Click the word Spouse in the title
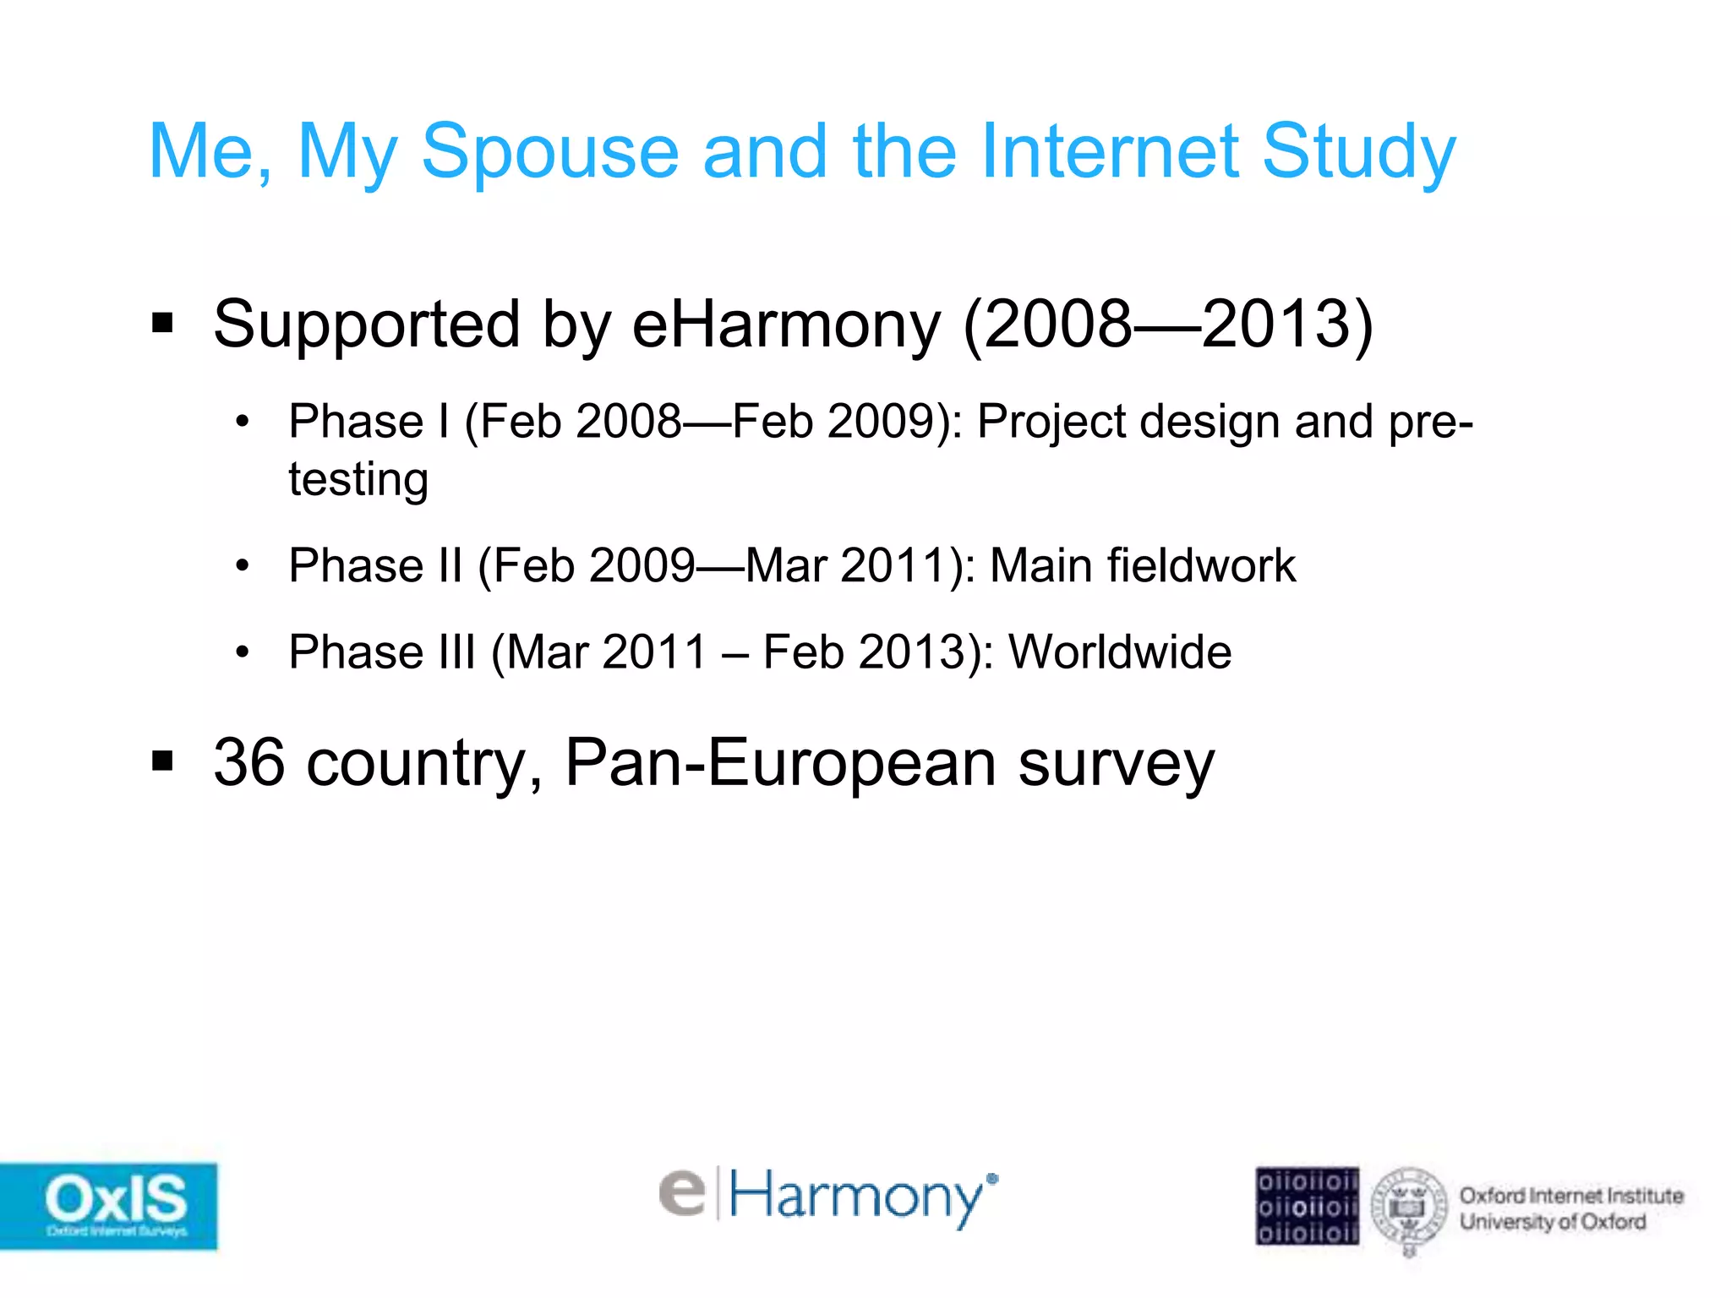(549, 152)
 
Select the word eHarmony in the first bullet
(786, 324)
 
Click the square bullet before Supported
(162, 323)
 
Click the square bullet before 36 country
(162, 761)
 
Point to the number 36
(249, 763)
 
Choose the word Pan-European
(780, 763)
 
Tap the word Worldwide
(1120, 652)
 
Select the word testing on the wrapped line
(358, 480)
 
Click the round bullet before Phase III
(243, 652)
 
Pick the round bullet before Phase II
(243, 565)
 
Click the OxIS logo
(110, 1205)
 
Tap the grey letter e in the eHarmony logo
(682, 1193)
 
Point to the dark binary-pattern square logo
(1307, 1206)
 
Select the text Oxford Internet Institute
(1570, 1196)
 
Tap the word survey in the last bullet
(1116, 763)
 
